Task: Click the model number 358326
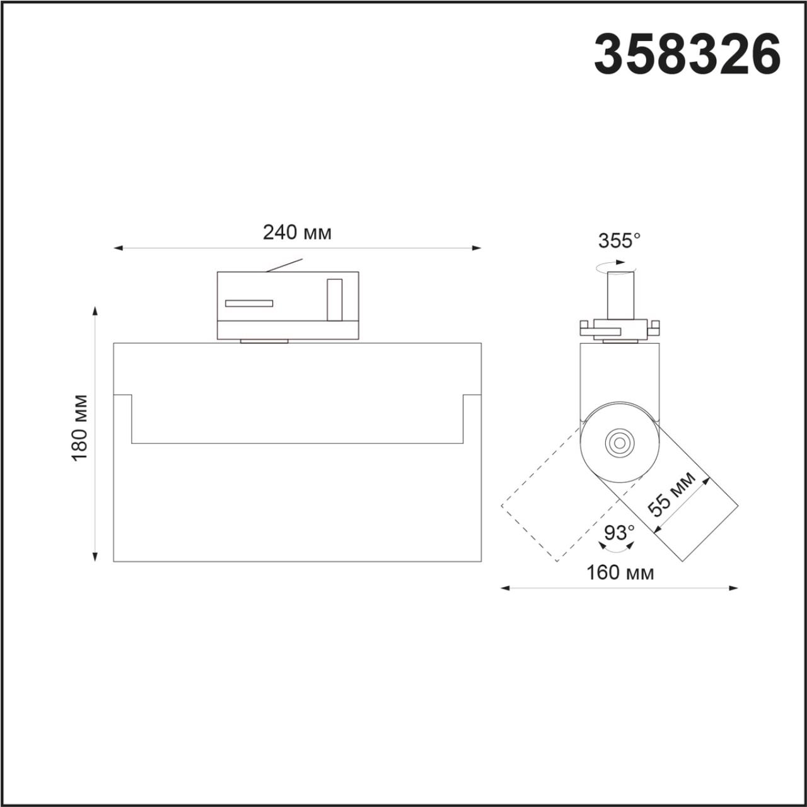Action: coord(687,55)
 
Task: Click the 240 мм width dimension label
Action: coord(297,233)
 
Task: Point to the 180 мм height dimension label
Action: coord(80,427)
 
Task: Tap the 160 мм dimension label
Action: coord(620,572)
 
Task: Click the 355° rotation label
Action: coord(618,240)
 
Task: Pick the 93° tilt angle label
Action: coord(619,533)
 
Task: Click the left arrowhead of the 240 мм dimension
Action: coord(117,248)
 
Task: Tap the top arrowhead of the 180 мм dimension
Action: coord(95,310)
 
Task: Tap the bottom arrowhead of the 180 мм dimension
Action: coord(95,557)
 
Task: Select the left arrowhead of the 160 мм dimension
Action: coord(504,588)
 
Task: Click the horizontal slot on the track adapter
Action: coord(249,303)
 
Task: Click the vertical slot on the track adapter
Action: coord(334,299)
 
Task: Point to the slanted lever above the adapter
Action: coord(284,265)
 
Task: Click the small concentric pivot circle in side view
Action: coord(619,443)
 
